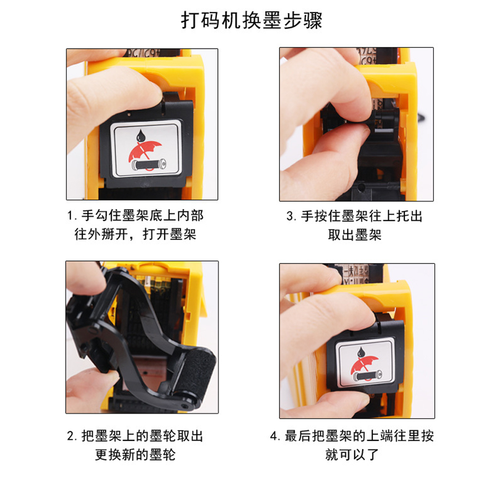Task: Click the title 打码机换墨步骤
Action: [x=252, y=20]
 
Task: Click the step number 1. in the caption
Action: [x=72, y=216]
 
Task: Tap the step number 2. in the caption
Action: [x=72, y=436]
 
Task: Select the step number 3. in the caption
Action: [x=291, y=216]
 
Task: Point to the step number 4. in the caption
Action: [x=275, y=436]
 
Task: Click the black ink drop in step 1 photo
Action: [x=141, y=135]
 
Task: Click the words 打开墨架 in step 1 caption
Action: [x=169, y=234]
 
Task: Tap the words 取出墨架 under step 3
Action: [x=355, y=235]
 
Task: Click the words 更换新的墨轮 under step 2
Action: [x=135, y=455]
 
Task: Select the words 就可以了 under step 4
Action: [x=352, y=455]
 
